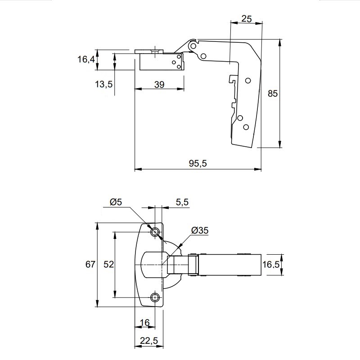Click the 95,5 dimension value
pos(198,163)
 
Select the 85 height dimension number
pos(273,94)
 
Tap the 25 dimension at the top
pos(247,18)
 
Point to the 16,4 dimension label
pos(86,59)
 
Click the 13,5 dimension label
pos(104,84)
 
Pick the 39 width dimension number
pos(159,85)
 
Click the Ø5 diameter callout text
pos(116,202)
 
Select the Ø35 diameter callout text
pos(200,230)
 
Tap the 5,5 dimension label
pos(182,202)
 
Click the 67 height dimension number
pos(90,264)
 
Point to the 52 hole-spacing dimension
pos(108,264)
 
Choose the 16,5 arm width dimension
pos(271,265)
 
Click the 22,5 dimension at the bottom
pos(149,341)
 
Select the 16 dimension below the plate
pos(144,323)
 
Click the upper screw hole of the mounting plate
pos(155,232)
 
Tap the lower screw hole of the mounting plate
pos(155,298)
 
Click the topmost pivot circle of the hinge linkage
pos(193,46)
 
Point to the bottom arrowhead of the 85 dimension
pos(279,144)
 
